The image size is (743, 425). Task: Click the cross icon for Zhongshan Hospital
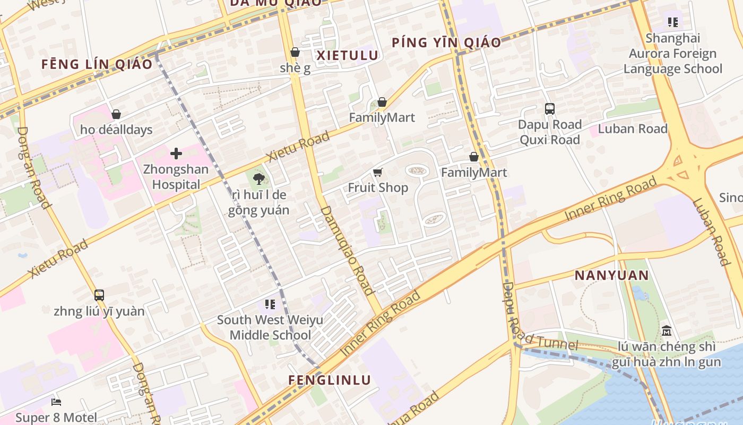176,154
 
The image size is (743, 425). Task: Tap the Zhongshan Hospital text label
176,177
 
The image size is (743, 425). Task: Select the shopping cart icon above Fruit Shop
377,172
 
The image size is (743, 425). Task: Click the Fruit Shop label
378,188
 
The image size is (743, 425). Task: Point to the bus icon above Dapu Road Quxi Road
550,109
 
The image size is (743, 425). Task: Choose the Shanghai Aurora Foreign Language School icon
672,22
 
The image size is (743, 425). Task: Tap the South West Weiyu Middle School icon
270,304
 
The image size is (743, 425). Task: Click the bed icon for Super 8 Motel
56,402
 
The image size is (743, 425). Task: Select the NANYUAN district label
611,275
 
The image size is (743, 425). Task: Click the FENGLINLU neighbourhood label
330,380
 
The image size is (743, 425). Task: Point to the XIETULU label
348,55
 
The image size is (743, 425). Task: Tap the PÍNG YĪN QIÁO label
446,42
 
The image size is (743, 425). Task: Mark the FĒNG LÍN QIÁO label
97,64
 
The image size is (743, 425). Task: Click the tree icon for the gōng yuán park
259,178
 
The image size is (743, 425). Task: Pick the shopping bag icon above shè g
295,52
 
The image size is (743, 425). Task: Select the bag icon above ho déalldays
116,114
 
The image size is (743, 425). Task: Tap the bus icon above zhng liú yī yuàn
99,295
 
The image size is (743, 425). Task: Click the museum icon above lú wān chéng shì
667,331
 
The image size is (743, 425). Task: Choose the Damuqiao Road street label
348,250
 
